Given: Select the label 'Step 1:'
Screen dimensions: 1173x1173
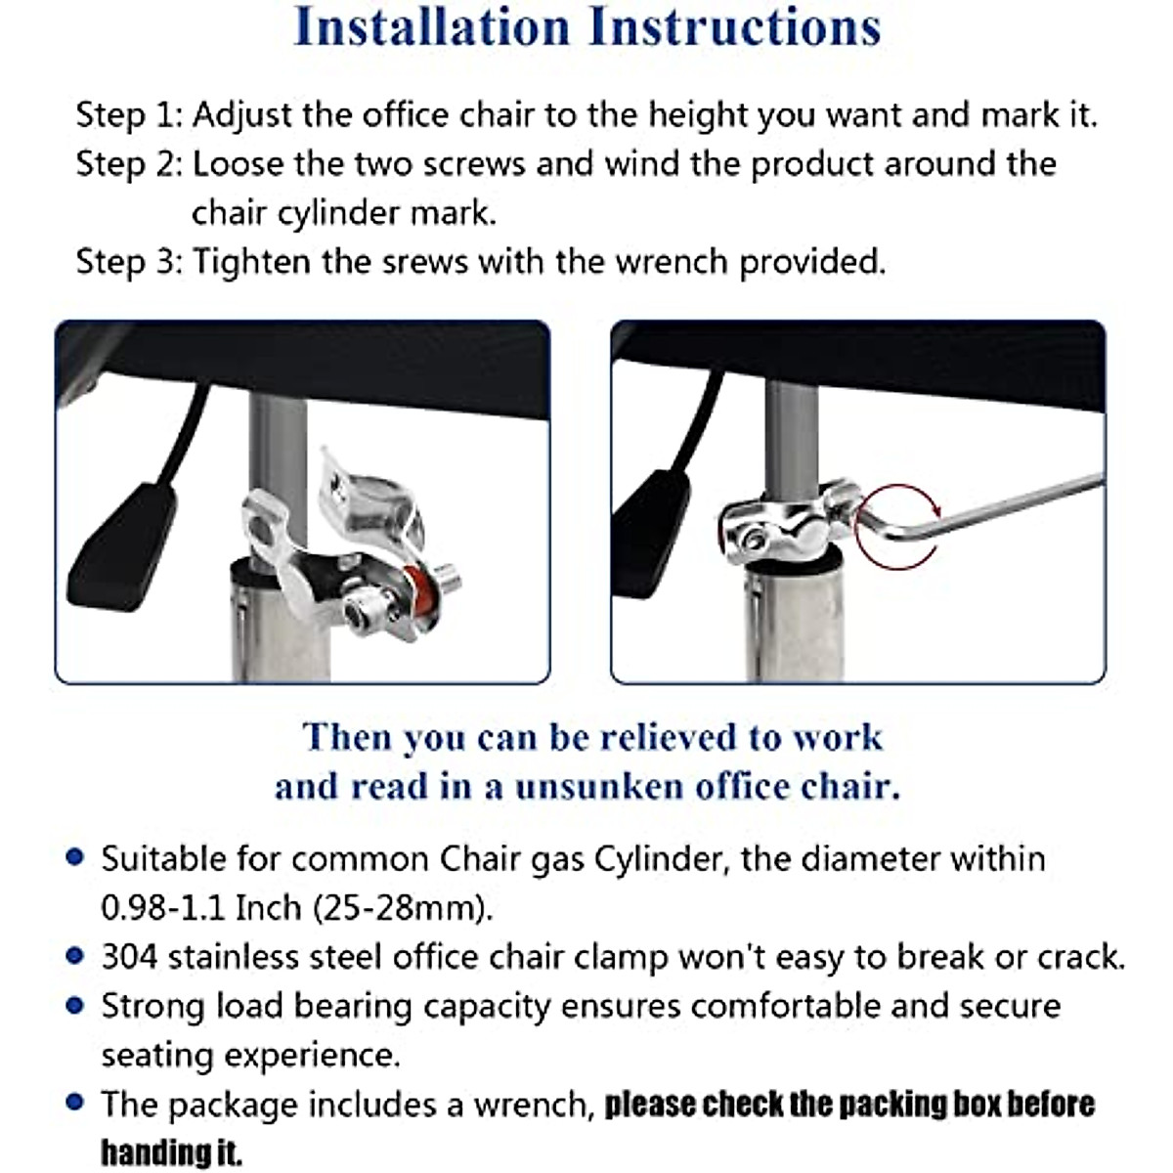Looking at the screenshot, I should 129,115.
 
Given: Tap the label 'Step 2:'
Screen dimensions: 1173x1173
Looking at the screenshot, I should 129,164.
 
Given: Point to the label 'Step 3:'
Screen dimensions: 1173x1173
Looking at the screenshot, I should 129,262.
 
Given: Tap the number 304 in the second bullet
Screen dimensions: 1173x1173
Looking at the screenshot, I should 129,956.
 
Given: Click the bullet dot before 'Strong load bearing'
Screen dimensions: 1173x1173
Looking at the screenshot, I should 74,1005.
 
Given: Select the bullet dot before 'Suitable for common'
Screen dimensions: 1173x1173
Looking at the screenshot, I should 74,858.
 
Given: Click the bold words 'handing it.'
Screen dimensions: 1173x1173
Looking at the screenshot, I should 171,1152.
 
